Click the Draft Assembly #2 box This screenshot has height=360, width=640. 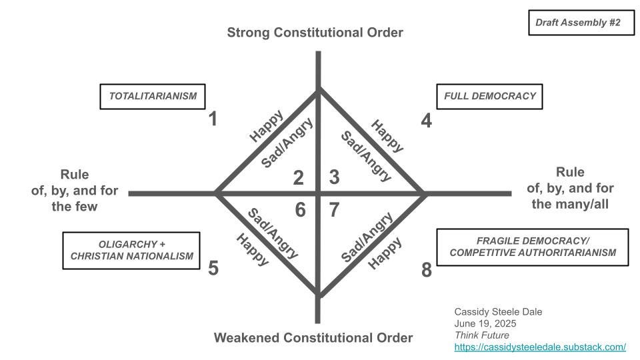(577, 23)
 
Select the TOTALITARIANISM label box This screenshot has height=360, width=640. (153, 96)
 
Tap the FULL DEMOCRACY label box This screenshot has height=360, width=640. (489, 96)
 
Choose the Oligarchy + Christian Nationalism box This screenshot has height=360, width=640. (131, 249)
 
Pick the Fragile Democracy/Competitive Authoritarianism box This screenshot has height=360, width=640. (532, 247)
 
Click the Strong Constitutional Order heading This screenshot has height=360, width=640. (315, 33)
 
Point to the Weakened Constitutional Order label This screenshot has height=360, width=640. (313, 337)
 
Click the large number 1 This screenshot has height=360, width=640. (213, 119)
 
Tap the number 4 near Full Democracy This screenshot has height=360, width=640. (427, 120)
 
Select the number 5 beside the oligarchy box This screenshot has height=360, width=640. (213, 268)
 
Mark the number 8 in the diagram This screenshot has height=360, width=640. (427, 271)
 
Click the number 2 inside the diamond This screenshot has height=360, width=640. (299, 177)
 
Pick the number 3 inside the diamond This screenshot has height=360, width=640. (335, 177)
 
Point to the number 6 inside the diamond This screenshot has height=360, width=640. (300, 210)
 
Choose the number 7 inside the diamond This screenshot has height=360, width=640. (335, 210)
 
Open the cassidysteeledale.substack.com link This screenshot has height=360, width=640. (540, 347)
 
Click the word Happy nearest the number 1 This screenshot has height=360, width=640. (265, 125)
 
